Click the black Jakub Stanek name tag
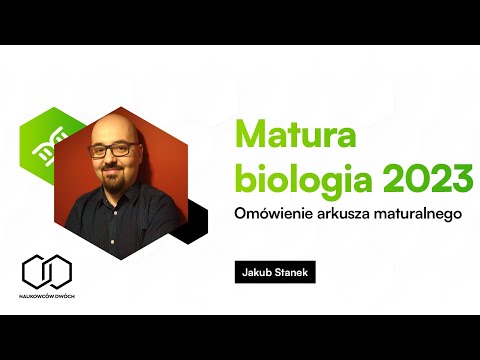(x=272, y=271)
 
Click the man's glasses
(x=118, y=150)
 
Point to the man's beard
(x=117, y=185)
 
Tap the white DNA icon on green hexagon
(x=44, y=146)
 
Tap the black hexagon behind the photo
(x=191, y=221)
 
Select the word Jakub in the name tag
(x=255, y=271)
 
